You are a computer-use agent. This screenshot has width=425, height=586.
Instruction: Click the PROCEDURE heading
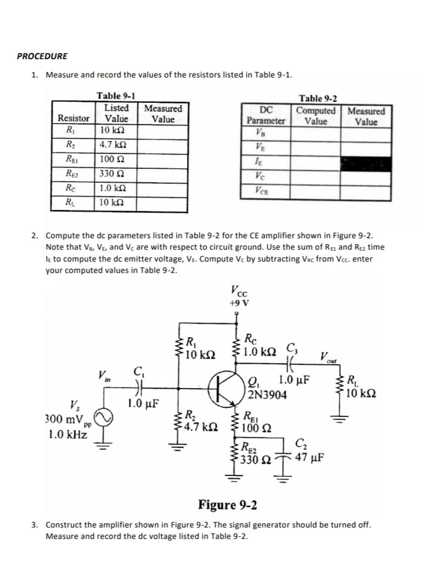point(42,56)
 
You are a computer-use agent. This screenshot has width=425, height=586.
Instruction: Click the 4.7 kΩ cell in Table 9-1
point(112,146)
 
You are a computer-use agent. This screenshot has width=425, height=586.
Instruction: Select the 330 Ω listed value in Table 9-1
point(112,174)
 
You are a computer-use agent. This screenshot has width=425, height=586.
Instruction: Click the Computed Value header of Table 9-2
point(315,116)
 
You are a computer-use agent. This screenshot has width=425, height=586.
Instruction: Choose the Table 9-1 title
point(117,96)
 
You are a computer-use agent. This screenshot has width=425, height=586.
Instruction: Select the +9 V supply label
point(240,304)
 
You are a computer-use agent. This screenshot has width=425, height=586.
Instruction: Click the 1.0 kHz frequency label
point(68,435)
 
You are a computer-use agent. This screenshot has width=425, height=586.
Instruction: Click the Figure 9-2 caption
point(227,505)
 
